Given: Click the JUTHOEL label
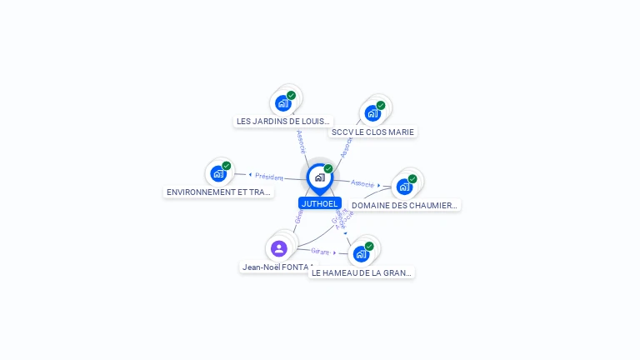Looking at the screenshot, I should pyautogui.click(x=320, y=203).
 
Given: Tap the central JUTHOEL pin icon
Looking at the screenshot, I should pyautogui.click(x=319, y=177).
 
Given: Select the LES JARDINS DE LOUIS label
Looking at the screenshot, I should pyautogui.click(x=282, y=121).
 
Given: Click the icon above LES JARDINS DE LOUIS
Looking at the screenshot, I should pyautogui.click(x=283, y=103).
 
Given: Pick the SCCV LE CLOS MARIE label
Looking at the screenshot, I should pyautogui.click(x=372, y=132).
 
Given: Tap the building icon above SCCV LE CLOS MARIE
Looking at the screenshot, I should pyautogui.click(x=372, y=113).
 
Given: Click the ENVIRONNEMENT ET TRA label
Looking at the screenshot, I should pyautogui.click(x=219, y=192).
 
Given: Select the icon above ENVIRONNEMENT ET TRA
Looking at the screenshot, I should pyautogui.click(x=218, y=173).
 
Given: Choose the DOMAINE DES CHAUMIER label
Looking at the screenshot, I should pyautogui.click(x=405, y=205).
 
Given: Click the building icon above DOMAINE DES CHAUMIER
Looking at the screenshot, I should pyautogui.click(x=405, y=187).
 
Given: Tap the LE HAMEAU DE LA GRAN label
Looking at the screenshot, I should pyautogui.click(x=362, y=272).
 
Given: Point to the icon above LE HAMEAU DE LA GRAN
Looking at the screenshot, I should pyautogui.click(x=361, y=253).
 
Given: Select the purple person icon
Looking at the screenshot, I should pyautogui.click(x=279, y=248).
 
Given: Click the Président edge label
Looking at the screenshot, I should pyautogui.click(x=269, y=177).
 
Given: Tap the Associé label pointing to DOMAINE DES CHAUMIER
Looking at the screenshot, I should pyautogui.click(x=362, y=182).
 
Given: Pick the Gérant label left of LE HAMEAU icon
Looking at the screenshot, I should pyautogui.click(x=320, y=251).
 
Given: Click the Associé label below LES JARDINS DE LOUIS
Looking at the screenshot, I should pyautogui.click(x=301, y=141).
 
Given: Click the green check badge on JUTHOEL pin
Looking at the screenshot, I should pyautogui.click(x=328, y=169).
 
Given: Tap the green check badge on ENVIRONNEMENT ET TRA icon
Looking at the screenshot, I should pyautogui.click(x=227, y=166).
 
